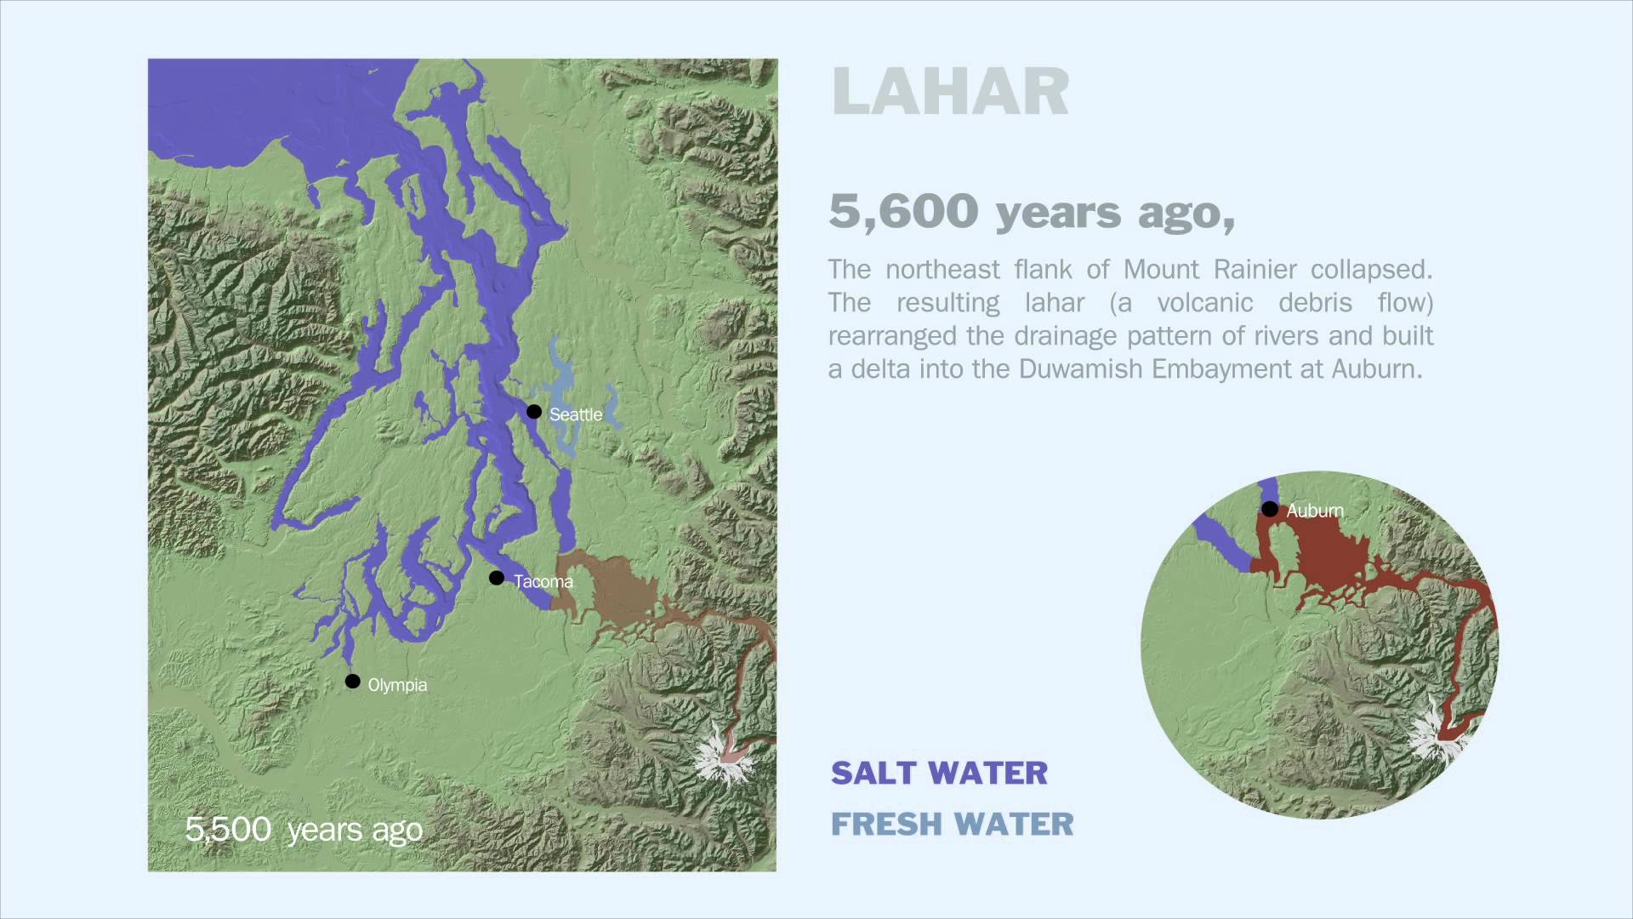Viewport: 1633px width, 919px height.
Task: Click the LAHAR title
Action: tap(950, 92)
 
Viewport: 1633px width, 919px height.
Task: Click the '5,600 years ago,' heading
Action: tap(1032, 211)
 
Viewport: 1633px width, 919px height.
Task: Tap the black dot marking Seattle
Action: tap(534, 412)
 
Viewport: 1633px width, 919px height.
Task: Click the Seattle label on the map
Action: tap(576, 414)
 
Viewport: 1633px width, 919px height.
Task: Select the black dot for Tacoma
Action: tap(497, 579)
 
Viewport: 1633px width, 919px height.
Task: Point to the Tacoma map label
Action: tap(543, 582)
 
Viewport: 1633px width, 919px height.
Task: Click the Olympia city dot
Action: tap(353, 682)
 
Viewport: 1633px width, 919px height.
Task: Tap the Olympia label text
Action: tap(397, 685)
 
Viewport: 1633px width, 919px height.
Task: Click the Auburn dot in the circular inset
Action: tap(1269, 510)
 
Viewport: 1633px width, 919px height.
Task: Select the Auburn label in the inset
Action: tap(1315, 511)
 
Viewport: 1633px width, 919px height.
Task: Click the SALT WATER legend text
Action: tap(939, 773)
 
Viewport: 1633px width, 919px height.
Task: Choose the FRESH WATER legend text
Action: tap(952, 824)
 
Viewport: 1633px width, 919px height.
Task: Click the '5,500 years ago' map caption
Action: tap(304, 829)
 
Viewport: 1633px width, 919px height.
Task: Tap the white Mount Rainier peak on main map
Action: tap(721, 756)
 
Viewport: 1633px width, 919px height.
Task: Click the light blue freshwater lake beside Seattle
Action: tap(560, 400)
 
